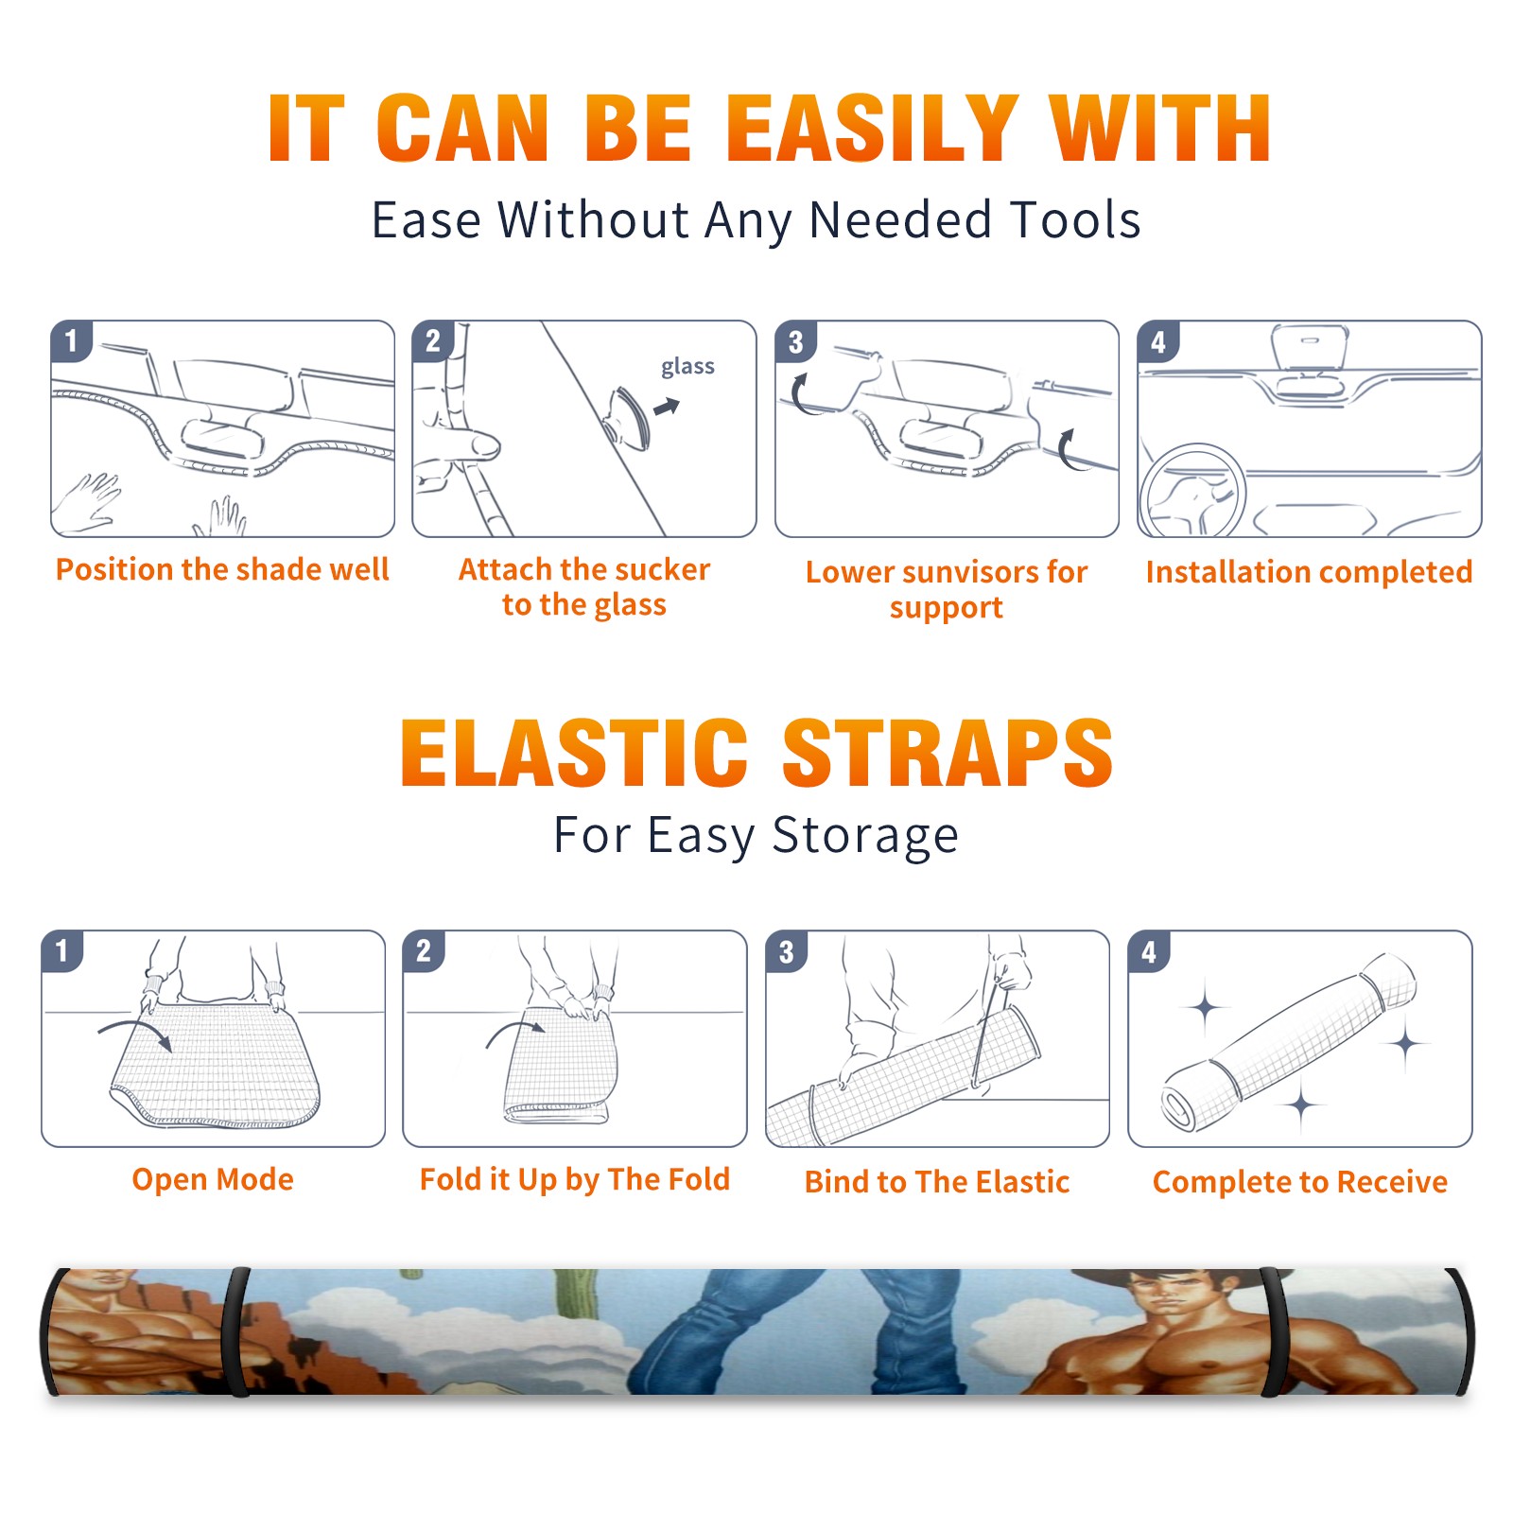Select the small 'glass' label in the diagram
click(687, 367)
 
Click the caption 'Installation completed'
click(1309, 571)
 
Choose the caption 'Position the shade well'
click(222, 569)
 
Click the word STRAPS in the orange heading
click(948, 753)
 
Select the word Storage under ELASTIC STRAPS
click(865, 836)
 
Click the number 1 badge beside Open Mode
click(62, 950)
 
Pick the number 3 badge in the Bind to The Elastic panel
click(787, 951)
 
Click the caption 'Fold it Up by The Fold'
click(575, 1179)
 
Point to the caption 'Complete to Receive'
click(1300, 1182)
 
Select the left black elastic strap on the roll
click(237, 1331)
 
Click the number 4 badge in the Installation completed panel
click(1158, 341)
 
